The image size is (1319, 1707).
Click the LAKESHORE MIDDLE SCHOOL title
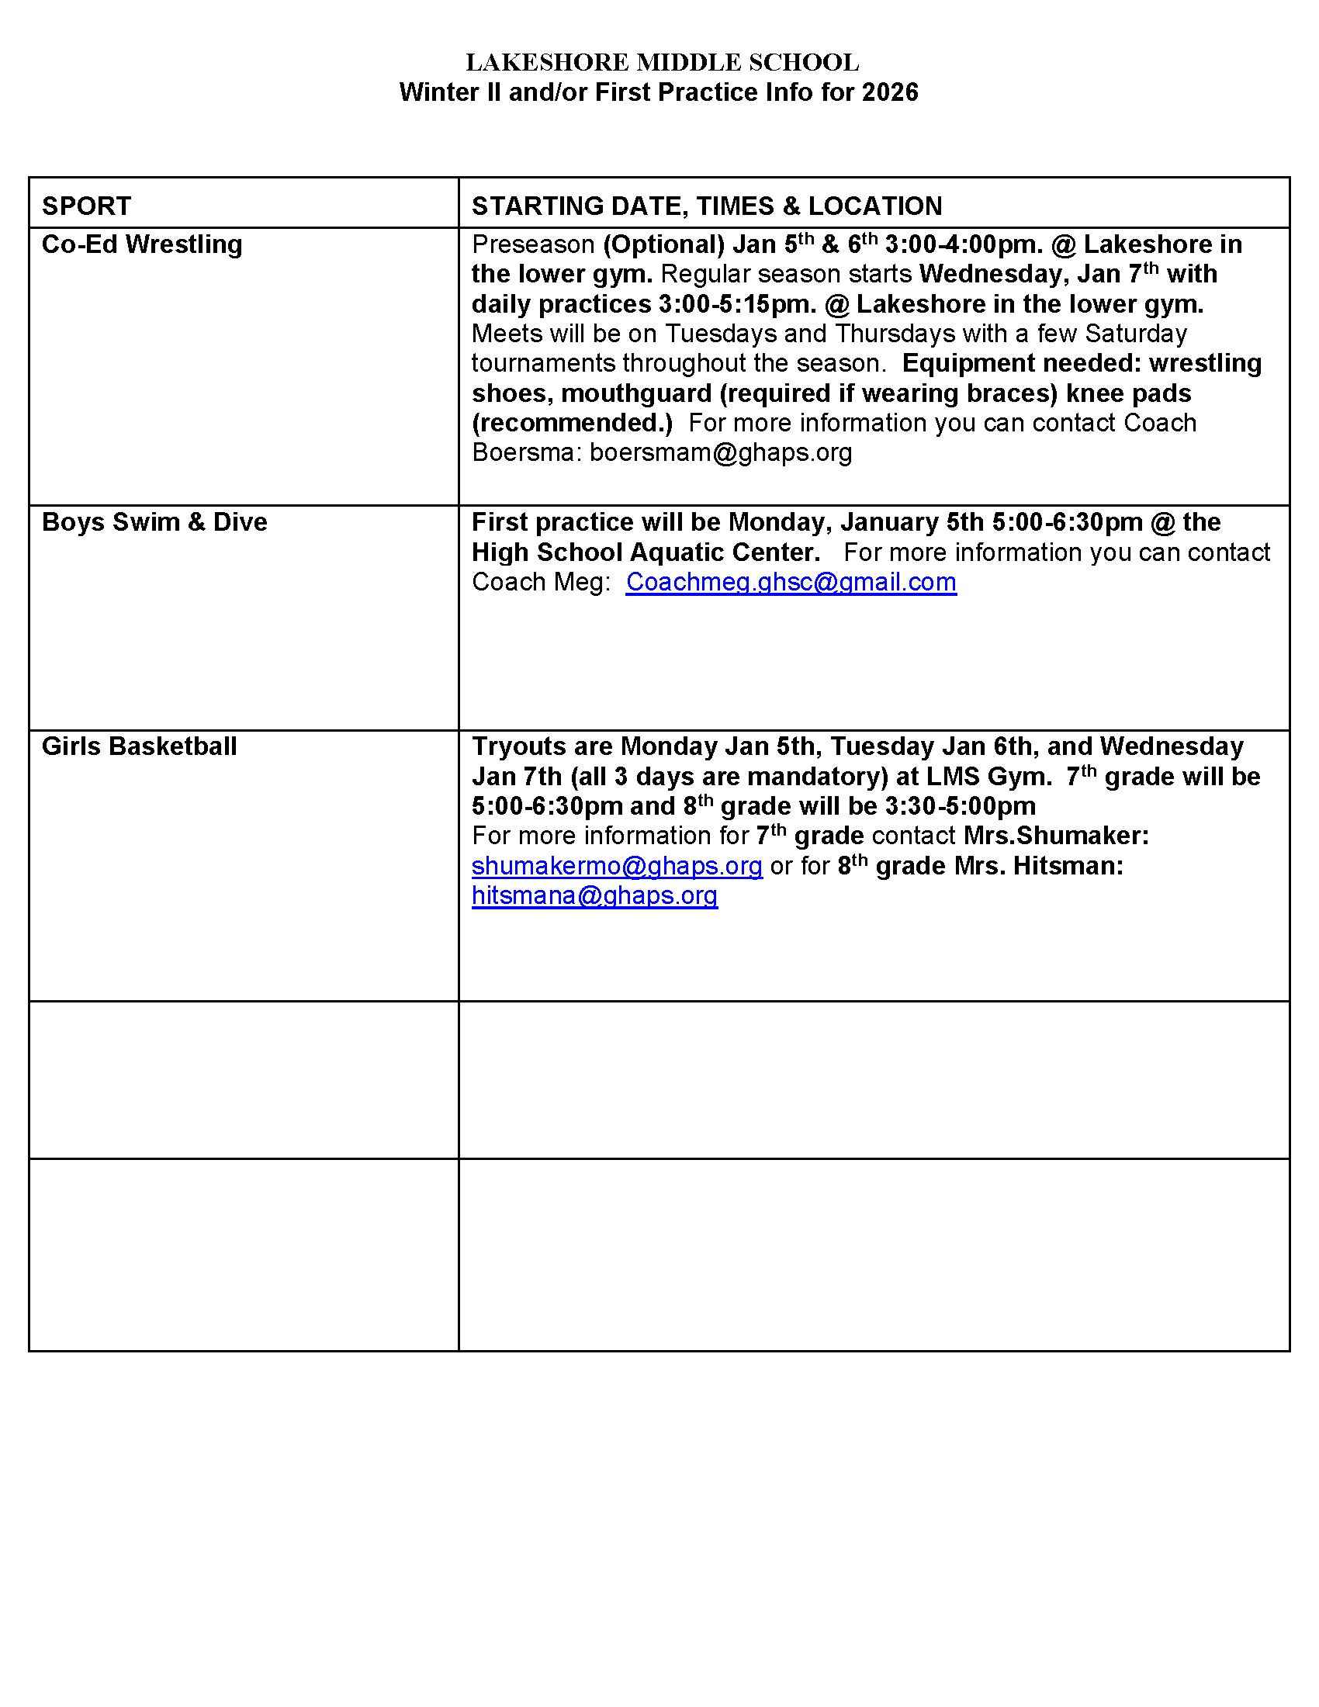(662, 63)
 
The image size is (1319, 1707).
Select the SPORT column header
(86, 206)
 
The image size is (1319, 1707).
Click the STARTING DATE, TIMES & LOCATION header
(706, 206)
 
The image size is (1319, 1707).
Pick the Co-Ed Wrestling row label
(141, 244)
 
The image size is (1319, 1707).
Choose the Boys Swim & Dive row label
(154, 522)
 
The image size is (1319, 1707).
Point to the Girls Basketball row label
(139, 746)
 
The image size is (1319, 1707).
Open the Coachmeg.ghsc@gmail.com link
(791, 582)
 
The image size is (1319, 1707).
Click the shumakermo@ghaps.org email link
(617, 866)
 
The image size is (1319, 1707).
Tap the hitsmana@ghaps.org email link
(594, 895)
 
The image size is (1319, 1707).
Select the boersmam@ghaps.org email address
(721, 452)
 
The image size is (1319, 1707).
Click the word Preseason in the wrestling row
(533, 244)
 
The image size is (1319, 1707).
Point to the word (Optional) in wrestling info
(663, 244)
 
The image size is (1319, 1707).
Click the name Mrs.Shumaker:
(1056, 836)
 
